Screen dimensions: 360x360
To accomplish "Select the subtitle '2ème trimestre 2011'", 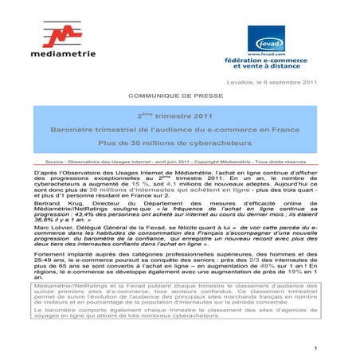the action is [180, 115].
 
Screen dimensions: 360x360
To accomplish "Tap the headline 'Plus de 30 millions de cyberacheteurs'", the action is [180, 143].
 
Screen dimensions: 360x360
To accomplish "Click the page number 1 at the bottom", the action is [315, 348].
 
